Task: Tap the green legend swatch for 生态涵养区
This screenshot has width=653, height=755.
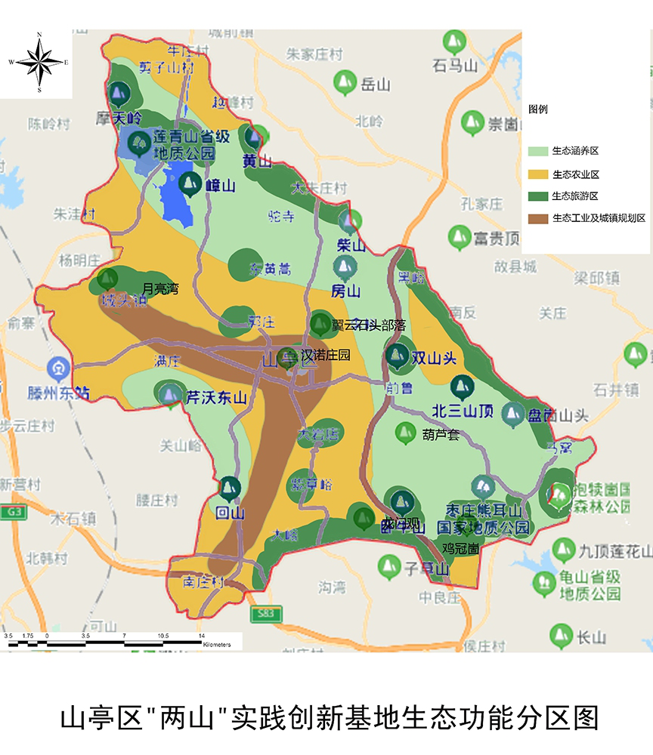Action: tap(540, 152)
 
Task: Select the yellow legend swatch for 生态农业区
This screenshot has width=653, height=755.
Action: tap(540, 174)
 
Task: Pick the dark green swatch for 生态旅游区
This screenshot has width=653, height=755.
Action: tap(540, 196)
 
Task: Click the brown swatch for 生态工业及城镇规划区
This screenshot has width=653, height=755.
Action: tap(540, 218)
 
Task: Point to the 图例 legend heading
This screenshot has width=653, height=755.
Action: tap(538, 109)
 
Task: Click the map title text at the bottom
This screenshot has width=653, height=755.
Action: tap(326, 716)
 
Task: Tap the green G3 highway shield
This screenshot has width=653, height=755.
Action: tap(11, 513)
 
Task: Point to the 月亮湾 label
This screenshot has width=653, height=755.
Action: tap(161, 288)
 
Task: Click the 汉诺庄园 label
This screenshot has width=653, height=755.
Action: tap(326, 355)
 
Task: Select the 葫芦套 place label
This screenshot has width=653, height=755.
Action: tap(441, 434)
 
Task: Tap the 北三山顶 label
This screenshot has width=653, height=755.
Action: tap(463, 411)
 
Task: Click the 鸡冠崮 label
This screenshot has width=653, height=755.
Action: tap(460, 549)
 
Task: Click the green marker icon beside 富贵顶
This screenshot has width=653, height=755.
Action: tap(459, 237)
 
